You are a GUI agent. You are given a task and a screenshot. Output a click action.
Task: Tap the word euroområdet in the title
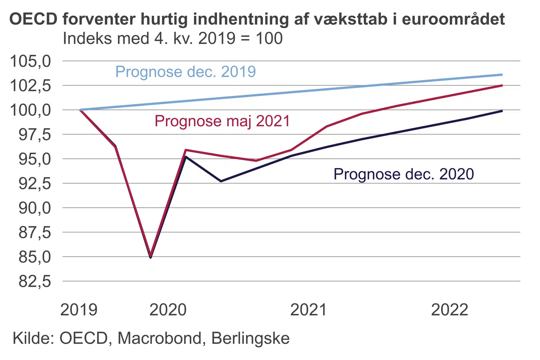453,19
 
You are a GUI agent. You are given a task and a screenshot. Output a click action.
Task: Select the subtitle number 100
269,39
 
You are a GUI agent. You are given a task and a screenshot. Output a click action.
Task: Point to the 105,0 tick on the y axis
30,61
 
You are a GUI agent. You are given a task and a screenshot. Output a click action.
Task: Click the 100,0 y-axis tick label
30,110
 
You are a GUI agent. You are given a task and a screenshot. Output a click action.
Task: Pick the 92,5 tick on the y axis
35,183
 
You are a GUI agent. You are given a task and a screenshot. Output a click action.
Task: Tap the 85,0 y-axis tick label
35,257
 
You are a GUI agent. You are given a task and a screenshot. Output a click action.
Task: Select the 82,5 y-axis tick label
35,281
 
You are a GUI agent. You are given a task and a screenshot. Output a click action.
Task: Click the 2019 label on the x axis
79,310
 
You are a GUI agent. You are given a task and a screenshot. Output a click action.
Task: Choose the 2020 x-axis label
168,310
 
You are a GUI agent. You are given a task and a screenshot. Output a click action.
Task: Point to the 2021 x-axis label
309,310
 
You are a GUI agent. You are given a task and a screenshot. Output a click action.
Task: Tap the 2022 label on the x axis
450,310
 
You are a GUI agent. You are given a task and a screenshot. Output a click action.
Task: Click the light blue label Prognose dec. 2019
186,72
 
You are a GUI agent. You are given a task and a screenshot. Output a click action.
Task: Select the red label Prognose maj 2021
222,121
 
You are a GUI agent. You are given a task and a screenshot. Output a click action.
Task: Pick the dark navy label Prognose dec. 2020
403,174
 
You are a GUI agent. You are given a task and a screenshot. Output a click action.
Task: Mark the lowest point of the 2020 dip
151,257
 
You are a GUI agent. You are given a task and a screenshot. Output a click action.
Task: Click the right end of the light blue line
502,75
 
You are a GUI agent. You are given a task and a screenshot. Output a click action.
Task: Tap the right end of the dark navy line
502,111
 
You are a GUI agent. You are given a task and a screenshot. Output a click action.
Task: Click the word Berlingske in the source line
250,338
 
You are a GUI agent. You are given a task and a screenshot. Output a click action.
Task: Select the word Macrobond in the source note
160,338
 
